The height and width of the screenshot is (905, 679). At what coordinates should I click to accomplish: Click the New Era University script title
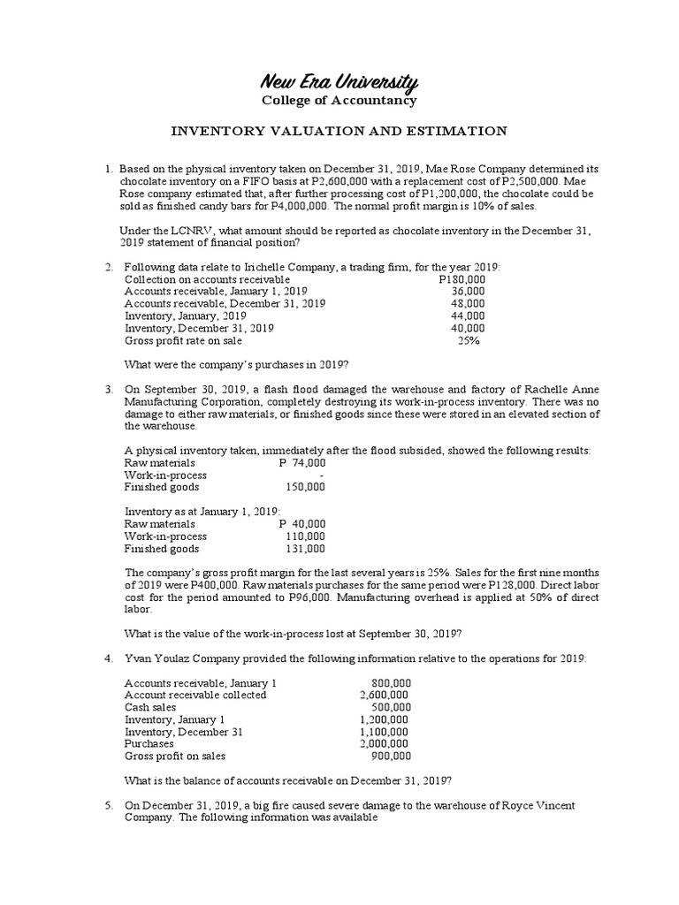click(x=339, y=82)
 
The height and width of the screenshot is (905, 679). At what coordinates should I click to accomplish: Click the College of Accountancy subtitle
click(x=339, y=100)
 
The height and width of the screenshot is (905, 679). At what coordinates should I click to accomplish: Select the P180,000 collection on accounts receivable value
click(x=462, y=279)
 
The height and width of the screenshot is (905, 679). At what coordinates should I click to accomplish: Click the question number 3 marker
click(x=108, y=389)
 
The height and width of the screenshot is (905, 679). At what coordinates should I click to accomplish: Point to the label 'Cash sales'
click(x=152, y=707)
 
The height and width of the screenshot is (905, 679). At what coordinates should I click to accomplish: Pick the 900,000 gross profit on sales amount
click(x=390, y=756)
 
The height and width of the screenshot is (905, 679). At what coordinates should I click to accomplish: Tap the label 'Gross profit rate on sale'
click(x=183, y=339)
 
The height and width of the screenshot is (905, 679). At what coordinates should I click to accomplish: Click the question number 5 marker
click(x=108, y=805)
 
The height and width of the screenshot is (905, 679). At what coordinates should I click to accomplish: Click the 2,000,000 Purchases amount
click(x=385, y=743)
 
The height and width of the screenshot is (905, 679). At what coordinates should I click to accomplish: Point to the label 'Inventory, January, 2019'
click(x=185, y=316)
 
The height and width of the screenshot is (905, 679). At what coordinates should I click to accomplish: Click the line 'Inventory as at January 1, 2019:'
click(x=202, y=511)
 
